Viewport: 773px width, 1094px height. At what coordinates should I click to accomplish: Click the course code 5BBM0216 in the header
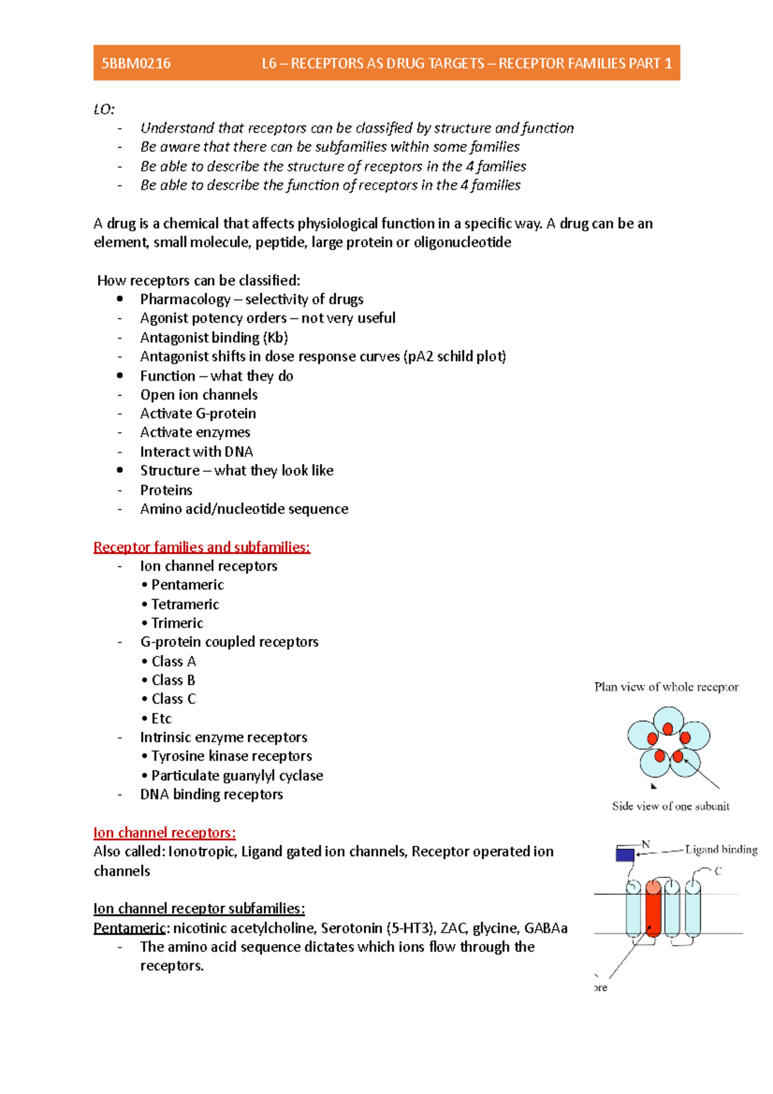coord(136,63)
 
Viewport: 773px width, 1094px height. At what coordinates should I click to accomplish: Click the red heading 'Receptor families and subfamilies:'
coord(202,547)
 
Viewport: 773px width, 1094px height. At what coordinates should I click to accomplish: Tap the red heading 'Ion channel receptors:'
coord(164,832)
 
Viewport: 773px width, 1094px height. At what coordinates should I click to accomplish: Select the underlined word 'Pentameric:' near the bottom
coord(129,928)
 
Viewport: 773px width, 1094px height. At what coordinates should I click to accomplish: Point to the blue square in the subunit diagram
coord(625,854)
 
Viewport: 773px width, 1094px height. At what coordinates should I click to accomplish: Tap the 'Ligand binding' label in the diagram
coord(721,849)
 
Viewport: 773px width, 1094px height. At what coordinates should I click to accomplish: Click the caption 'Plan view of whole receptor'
coord(666,687)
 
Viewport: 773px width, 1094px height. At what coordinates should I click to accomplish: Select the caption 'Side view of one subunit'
coord(671,806)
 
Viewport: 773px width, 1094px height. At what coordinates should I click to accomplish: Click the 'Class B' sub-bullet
coord(173,680)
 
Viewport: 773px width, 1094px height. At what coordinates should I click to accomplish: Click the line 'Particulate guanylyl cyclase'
coord(236,776)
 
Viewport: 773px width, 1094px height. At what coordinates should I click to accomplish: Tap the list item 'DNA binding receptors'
coord(211,794)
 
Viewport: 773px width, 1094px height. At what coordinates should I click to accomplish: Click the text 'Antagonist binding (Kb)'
coord(214,338)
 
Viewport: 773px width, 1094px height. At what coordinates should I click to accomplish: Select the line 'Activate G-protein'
coord(198,414)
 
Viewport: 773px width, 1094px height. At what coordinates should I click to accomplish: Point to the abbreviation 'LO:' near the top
coord(104,109)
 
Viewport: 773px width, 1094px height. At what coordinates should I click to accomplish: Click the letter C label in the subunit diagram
coord(718,871)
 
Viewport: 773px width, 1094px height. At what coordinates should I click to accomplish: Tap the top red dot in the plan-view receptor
coord(668,729)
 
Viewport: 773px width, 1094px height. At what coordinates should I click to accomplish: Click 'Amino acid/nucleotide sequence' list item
coord(244,509)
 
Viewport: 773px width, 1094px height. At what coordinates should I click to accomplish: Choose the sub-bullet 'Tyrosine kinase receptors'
coord(231,756)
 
